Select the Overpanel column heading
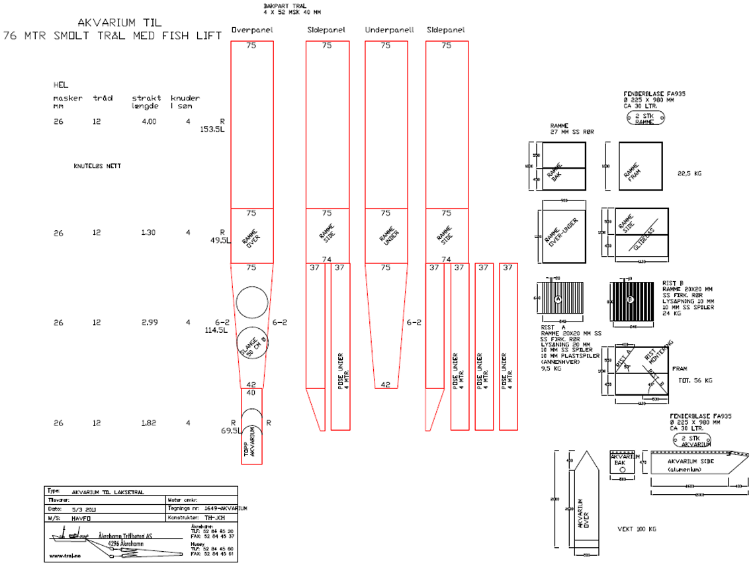coord(251,30)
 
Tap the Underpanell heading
coord(389,30)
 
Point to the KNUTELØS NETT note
coord(97,166)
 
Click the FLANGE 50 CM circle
coord(255,343)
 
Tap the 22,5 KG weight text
coord(689,175)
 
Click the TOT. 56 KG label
coord(695,380)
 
